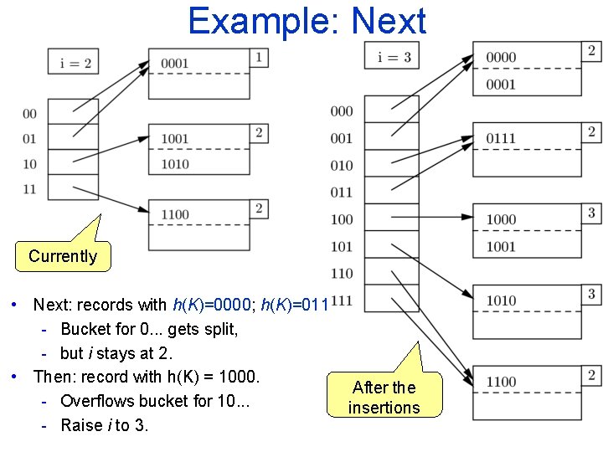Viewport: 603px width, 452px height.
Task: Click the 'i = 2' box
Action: click(75, 63)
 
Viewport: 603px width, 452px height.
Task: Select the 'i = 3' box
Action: click(392, 57)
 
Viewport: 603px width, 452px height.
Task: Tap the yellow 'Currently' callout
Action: click(63, 256)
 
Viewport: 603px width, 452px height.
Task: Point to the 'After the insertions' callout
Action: click(384, 398)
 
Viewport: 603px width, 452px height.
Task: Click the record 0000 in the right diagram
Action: click(501, 57)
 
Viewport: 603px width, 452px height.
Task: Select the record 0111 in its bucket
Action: click(501, 138)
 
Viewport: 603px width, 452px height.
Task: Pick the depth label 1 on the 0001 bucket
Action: click(260, 58)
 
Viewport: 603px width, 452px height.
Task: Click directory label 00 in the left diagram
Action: click(30, 114)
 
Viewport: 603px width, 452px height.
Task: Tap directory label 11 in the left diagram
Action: click(30, 188)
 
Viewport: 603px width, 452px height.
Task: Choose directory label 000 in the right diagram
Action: click(342, 111)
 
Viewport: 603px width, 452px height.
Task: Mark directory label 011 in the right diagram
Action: click(342, 193)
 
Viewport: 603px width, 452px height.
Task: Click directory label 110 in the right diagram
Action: click(342, 273)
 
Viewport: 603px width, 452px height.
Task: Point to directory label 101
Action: click(342, 246)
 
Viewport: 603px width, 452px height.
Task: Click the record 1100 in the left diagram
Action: click(175, 214)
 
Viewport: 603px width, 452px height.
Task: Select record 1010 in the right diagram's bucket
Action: click(501, 300)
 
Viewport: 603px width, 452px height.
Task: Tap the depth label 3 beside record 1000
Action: click(591, 213)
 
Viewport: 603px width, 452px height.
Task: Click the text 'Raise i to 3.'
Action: click(105, 425)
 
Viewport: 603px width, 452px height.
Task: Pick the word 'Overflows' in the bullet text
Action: click(95, 401)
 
